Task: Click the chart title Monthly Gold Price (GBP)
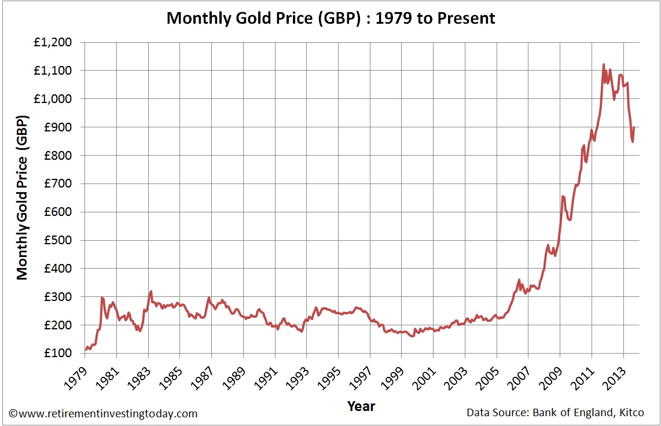click(330, 18)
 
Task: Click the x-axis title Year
click(361, 406)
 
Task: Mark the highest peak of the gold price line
click(604, 64)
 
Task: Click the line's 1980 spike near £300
click(102, 298)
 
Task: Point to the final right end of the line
click(634, 127)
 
